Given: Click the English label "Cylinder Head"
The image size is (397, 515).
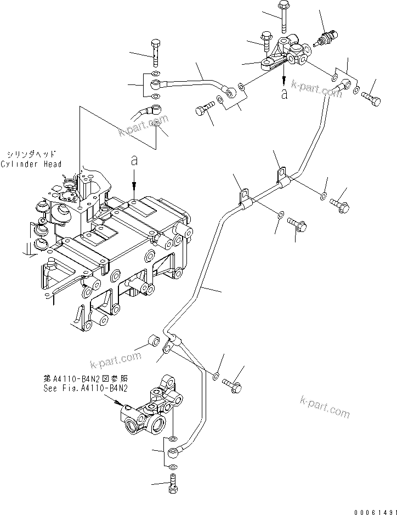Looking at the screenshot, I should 31,164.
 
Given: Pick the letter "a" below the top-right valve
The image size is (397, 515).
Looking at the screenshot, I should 283,94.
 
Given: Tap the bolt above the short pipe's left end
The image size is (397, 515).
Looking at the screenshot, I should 155,51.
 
